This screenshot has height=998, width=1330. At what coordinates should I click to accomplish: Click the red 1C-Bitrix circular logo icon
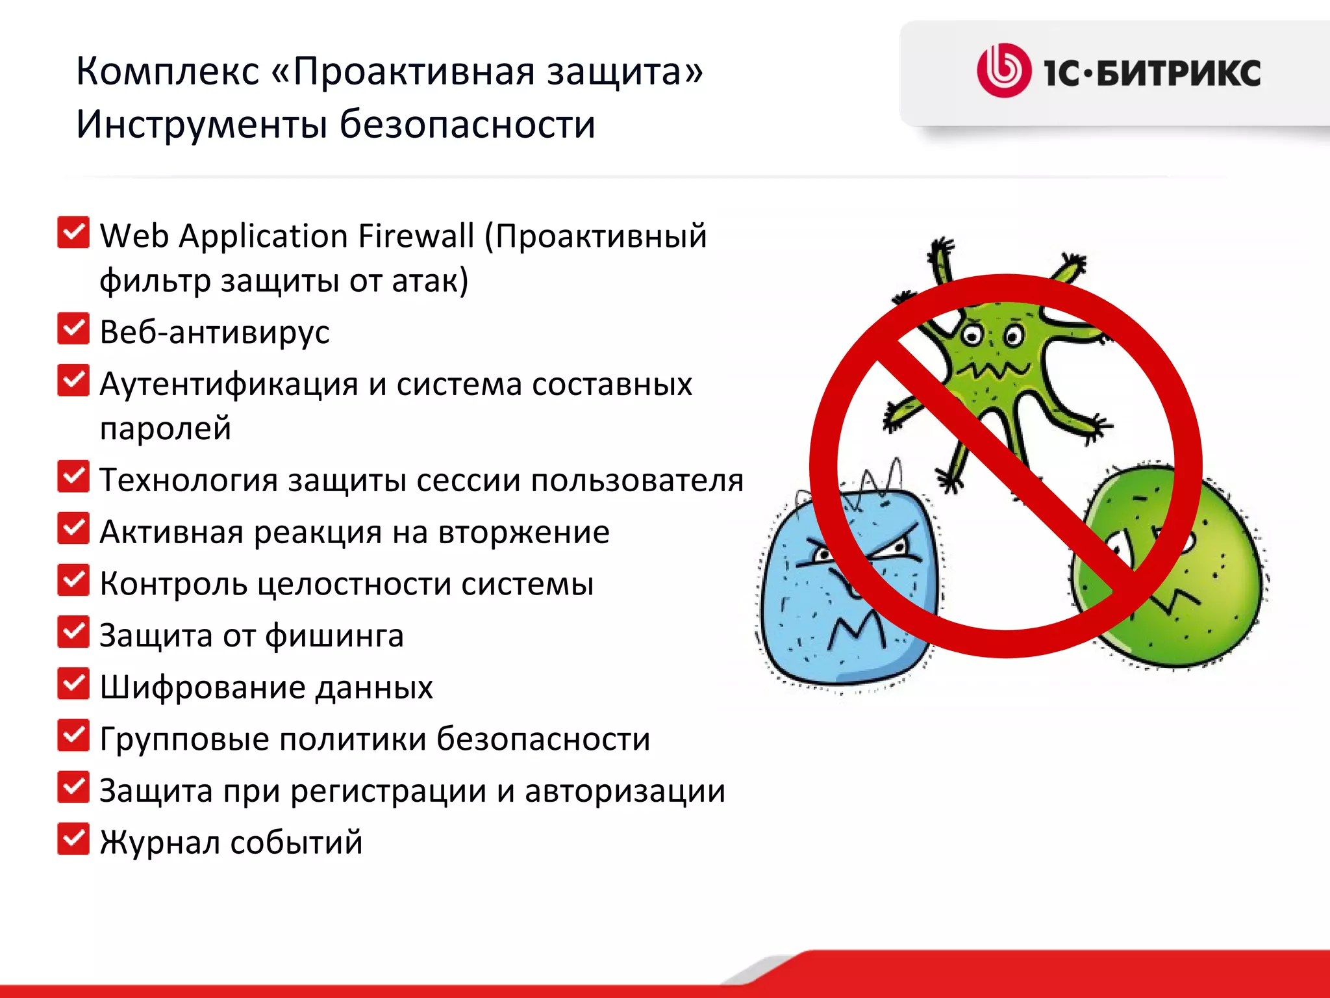pos(1003,71)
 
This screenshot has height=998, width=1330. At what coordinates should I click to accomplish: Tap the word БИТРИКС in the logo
pos(1179,73)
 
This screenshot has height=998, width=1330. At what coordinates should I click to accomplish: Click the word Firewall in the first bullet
pos(416,235)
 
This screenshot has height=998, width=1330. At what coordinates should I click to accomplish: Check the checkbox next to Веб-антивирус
pos(73,329)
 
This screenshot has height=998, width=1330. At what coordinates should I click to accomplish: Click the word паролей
pos(166,428)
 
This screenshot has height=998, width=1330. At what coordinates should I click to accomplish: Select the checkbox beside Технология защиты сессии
pos(73,477)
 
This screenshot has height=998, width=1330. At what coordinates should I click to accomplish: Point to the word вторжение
pos(524,532)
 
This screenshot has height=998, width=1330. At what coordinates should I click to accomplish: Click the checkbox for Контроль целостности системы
pos(73,580)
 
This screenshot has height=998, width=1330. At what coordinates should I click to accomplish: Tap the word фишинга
pos(334,635)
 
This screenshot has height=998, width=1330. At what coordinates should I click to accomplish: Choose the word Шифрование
pos(202,687)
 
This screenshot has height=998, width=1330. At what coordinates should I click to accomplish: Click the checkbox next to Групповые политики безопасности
pos(73,736)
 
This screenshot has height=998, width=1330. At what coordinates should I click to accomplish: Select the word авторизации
pos(625,791)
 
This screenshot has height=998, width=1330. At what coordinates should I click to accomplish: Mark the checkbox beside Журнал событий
pos(73,839)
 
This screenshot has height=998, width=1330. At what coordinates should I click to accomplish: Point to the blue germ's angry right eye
pos(899,548)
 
